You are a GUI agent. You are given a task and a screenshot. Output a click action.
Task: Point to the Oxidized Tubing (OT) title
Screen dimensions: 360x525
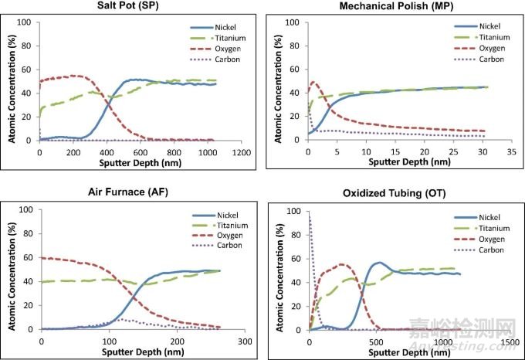tap(393, 195)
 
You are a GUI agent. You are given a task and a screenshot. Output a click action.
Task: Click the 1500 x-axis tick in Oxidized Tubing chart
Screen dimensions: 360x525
tap(510, 341)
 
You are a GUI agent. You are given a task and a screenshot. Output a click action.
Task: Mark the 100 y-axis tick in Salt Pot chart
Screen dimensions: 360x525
tap(27, 22)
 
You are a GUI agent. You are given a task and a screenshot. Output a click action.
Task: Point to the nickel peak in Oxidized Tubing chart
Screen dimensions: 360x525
tap(399, 263)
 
